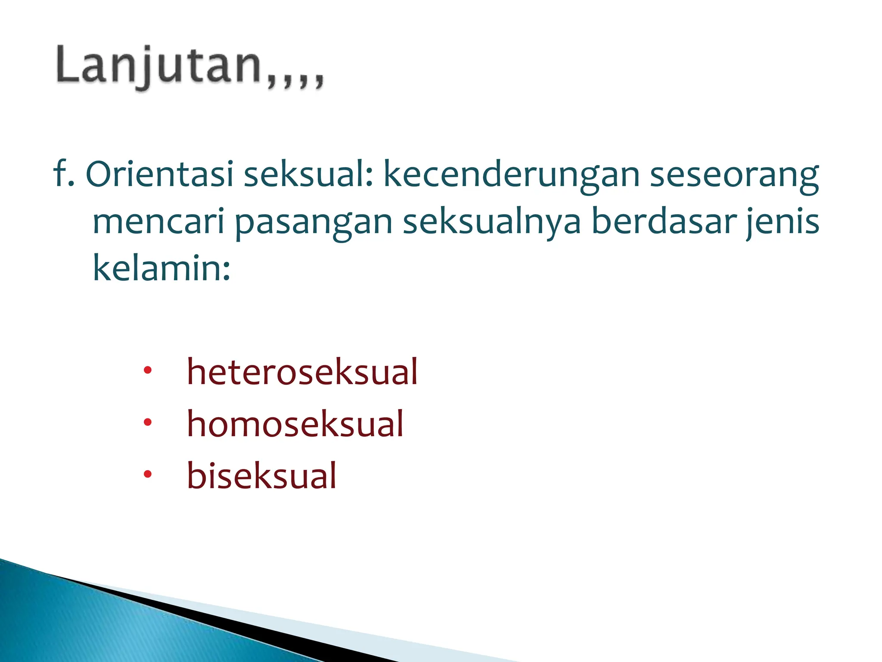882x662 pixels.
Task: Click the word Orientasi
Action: coord(159,175)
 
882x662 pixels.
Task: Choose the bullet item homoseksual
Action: coord(295,424)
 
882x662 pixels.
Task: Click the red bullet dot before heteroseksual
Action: coord(148,370)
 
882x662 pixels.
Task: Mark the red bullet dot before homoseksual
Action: coord(148,422)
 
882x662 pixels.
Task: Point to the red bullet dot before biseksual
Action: coord(148,475)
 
